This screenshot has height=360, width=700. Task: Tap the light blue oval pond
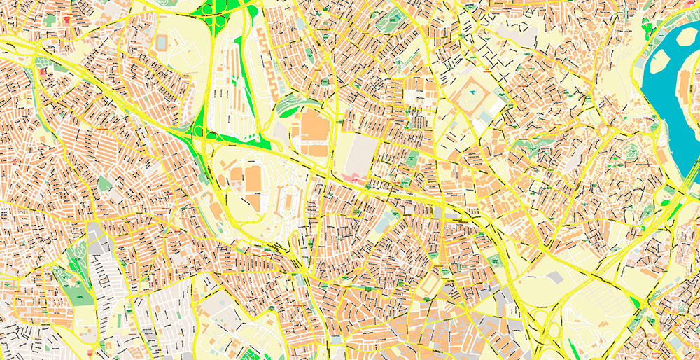click(x=384, y=222)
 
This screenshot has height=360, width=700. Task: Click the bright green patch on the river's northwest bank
click(x=647, y=28)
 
